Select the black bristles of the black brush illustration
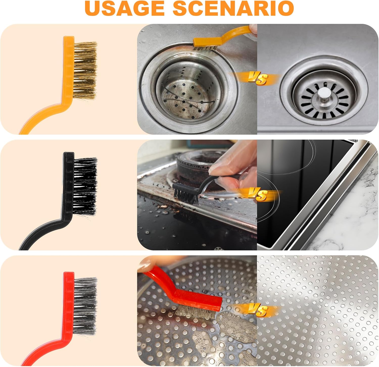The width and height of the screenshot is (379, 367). [x=85, y=186]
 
